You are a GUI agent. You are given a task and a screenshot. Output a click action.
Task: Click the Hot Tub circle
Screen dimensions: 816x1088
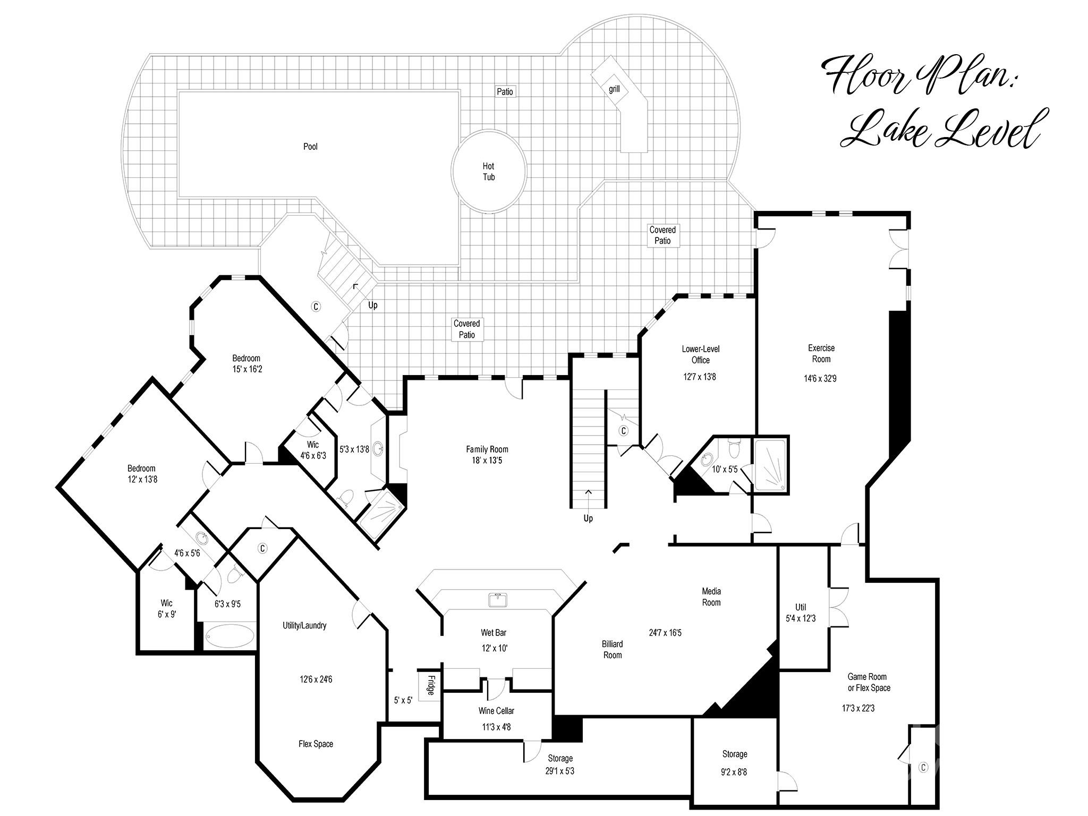(489, 172)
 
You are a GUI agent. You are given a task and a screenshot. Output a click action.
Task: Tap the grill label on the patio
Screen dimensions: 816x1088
(614, 89)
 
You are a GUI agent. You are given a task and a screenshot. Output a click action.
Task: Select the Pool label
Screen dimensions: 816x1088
(310, 147)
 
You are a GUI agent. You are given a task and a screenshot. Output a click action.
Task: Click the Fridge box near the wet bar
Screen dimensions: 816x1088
(430, 686)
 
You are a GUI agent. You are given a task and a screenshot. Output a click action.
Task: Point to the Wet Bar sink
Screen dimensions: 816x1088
(498, 600)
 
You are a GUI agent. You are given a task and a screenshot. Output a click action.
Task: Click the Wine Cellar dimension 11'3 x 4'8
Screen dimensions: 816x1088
(496, 727)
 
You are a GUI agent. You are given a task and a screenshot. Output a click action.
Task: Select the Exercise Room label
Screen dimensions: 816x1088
(821, 354)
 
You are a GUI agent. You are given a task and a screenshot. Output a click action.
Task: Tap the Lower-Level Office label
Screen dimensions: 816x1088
(700, 354)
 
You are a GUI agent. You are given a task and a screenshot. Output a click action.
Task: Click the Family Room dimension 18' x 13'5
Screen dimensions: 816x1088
(487, 461)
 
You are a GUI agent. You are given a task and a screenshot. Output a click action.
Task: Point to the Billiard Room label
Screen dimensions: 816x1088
(612, 649)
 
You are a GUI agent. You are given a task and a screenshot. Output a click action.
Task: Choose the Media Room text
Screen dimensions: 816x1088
(711, 597)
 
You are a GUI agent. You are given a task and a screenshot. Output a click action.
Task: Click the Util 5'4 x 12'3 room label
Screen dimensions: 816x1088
(801, 613)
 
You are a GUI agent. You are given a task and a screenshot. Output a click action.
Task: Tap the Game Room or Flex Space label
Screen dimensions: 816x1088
(868, 682)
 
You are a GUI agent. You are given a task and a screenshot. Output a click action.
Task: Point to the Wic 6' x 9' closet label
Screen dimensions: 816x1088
(166, 608)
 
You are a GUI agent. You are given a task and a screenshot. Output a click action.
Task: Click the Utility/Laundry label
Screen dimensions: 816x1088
(304, 625)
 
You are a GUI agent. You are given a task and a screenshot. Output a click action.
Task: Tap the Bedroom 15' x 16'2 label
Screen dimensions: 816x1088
(246, 363)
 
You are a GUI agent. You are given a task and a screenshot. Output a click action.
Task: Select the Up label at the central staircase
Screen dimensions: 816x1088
(588, 518)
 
